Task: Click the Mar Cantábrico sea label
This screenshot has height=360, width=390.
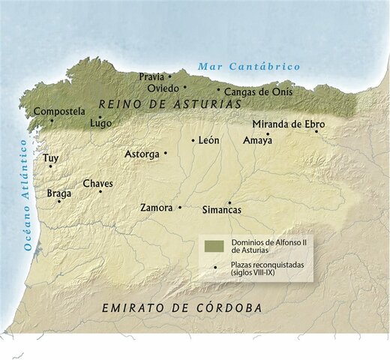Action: pyautogui.click(x=248, y=67)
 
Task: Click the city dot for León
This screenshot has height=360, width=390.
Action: pyautogui.click(x=193, y=140)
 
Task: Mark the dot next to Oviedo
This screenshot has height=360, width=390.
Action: pyautogui.click(x=185, y=87)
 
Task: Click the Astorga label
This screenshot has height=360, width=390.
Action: pyautogui.click(x=142, y=154)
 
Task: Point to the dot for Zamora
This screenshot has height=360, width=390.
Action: pyautogui.click(x=180, y=207)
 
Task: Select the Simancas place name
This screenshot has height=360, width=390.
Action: pyautogui.click(x=222, y=211)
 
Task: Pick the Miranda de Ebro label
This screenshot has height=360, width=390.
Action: pyautogui.click(x=289, y=124)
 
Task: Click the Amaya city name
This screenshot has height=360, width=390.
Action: pyautogui.click(x=257, y=140)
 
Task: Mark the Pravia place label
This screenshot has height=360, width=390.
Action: pyautogui.click(x=152, y=76)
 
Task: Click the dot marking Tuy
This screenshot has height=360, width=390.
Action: pyautogui.click(x=50, y=166)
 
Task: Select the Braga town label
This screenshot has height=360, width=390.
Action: pyautogui.click(x=59, y=193)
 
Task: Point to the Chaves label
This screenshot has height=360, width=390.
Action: pyautogui.click(x=97, y=183)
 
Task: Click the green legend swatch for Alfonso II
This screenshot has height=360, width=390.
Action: pyautogui.click(x=214, y=247)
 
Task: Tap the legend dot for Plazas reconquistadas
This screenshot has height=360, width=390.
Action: pyautogui.click(x=215, y=268)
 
